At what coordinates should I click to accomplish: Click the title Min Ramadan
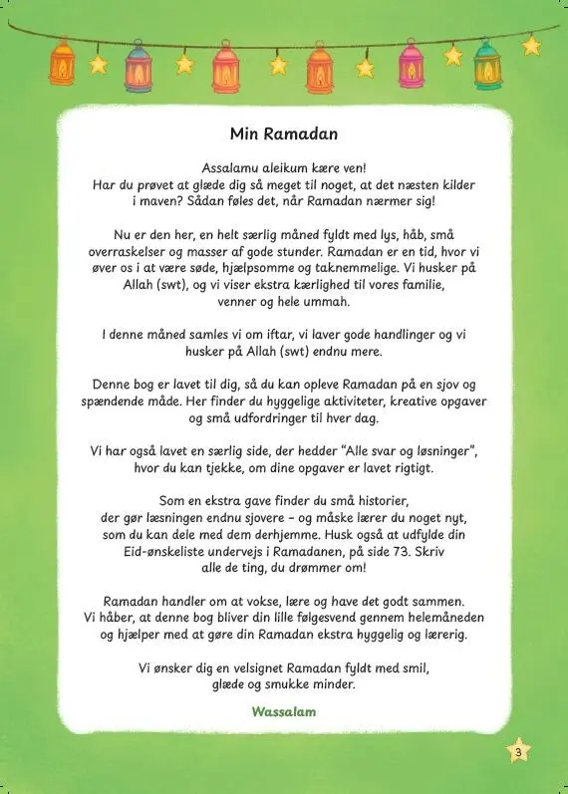pos(283,132)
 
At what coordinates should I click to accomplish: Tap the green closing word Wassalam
pos(284,713)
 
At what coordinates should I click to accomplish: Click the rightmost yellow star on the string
pos(531,46)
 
